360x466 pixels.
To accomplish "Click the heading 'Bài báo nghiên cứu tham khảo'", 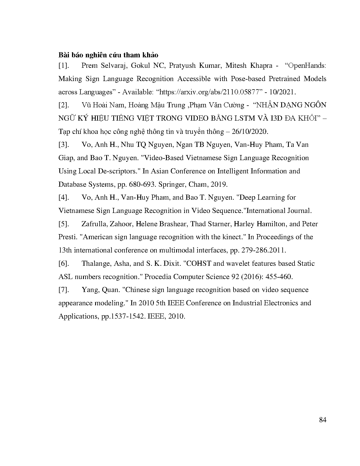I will coord(108,55).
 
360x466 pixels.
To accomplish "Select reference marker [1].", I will coord(64,66).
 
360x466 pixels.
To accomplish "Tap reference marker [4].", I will coord(64,197).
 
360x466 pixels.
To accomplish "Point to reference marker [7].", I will coord(64,290).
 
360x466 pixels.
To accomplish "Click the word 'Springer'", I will coord(171,184).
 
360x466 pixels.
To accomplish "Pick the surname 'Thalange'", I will coord(95,264).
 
